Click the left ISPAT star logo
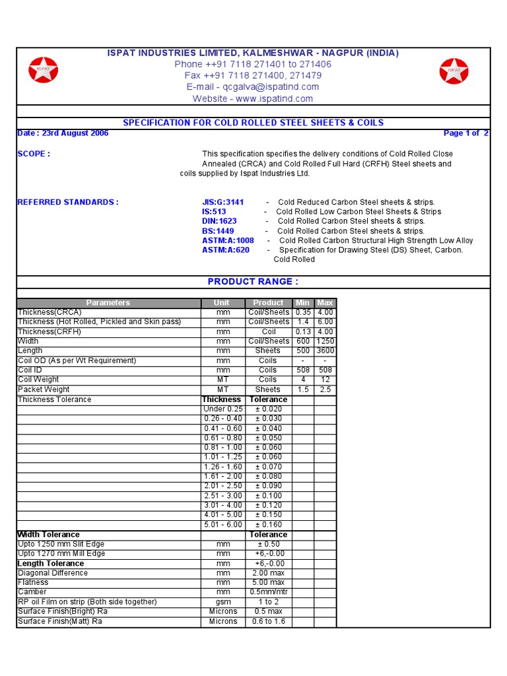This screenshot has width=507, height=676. pyautogui.click(x=43, y=70)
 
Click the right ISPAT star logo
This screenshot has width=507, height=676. pyautogui.click(x=454, y=71)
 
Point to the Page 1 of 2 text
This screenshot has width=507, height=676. pyautogui.click(x=466, y=133)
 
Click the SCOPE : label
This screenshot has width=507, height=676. pyautogui.click(x=33, y=154)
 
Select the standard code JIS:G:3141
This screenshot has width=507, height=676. pyautogui.click(x=222, y=202)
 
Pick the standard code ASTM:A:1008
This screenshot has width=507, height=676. pyautogui.click(x=228, y=241)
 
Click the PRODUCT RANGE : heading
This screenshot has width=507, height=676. pyautogui.click(x=253, y=282)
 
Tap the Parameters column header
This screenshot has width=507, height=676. pyautogui.click(x=108, y=303)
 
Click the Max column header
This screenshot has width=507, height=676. pyautogui.click(x=325, y=303)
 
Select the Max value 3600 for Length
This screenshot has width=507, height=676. pyautogui.click(x=325, y=351)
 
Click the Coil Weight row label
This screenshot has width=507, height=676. pyautogui.click(x=38, y=380)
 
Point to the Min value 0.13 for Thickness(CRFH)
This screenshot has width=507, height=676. pyautogui.click(x=303, y=332)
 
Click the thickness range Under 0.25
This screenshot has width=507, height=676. pyautogui.click(x=222, y=409)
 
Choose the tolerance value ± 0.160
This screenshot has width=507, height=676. pyautogui.click(x=268, y=525)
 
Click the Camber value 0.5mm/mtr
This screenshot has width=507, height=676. pyautogui.click(x=268, y=592)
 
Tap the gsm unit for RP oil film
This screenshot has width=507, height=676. pyautogui.click(x=222, y=602)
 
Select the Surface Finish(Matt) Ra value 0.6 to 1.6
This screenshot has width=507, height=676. pyautogui.click(x=268, y=621)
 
